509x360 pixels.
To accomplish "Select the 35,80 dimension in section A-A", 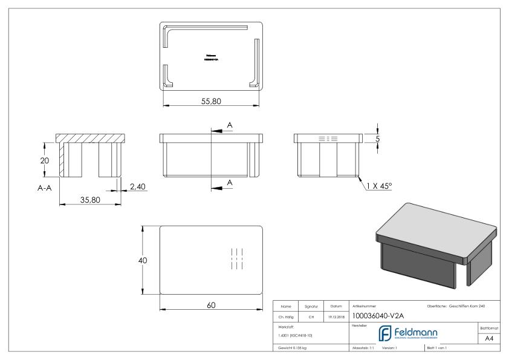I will (x=90, y=200).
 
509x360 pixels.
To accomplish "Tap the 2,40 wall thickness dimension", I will (x=138, y=187).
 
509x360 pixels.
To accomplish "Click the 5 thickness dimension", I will (x=377, y=139).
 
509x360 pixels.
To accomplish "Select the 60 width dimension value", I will (x=212, y=305).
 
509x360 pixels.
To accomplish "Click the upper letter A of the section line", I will (x=230, y=125).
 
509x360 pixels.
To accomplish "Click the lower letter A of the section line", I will (x=230, y=182).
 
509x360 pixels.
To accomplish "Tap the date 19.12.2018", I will (x=337, y=315).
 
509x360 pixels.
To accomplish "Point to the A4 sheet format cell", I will (x=490, y=339).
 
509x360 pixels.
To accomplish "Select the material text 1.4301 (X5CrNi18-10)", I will (x=295, y=335).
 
